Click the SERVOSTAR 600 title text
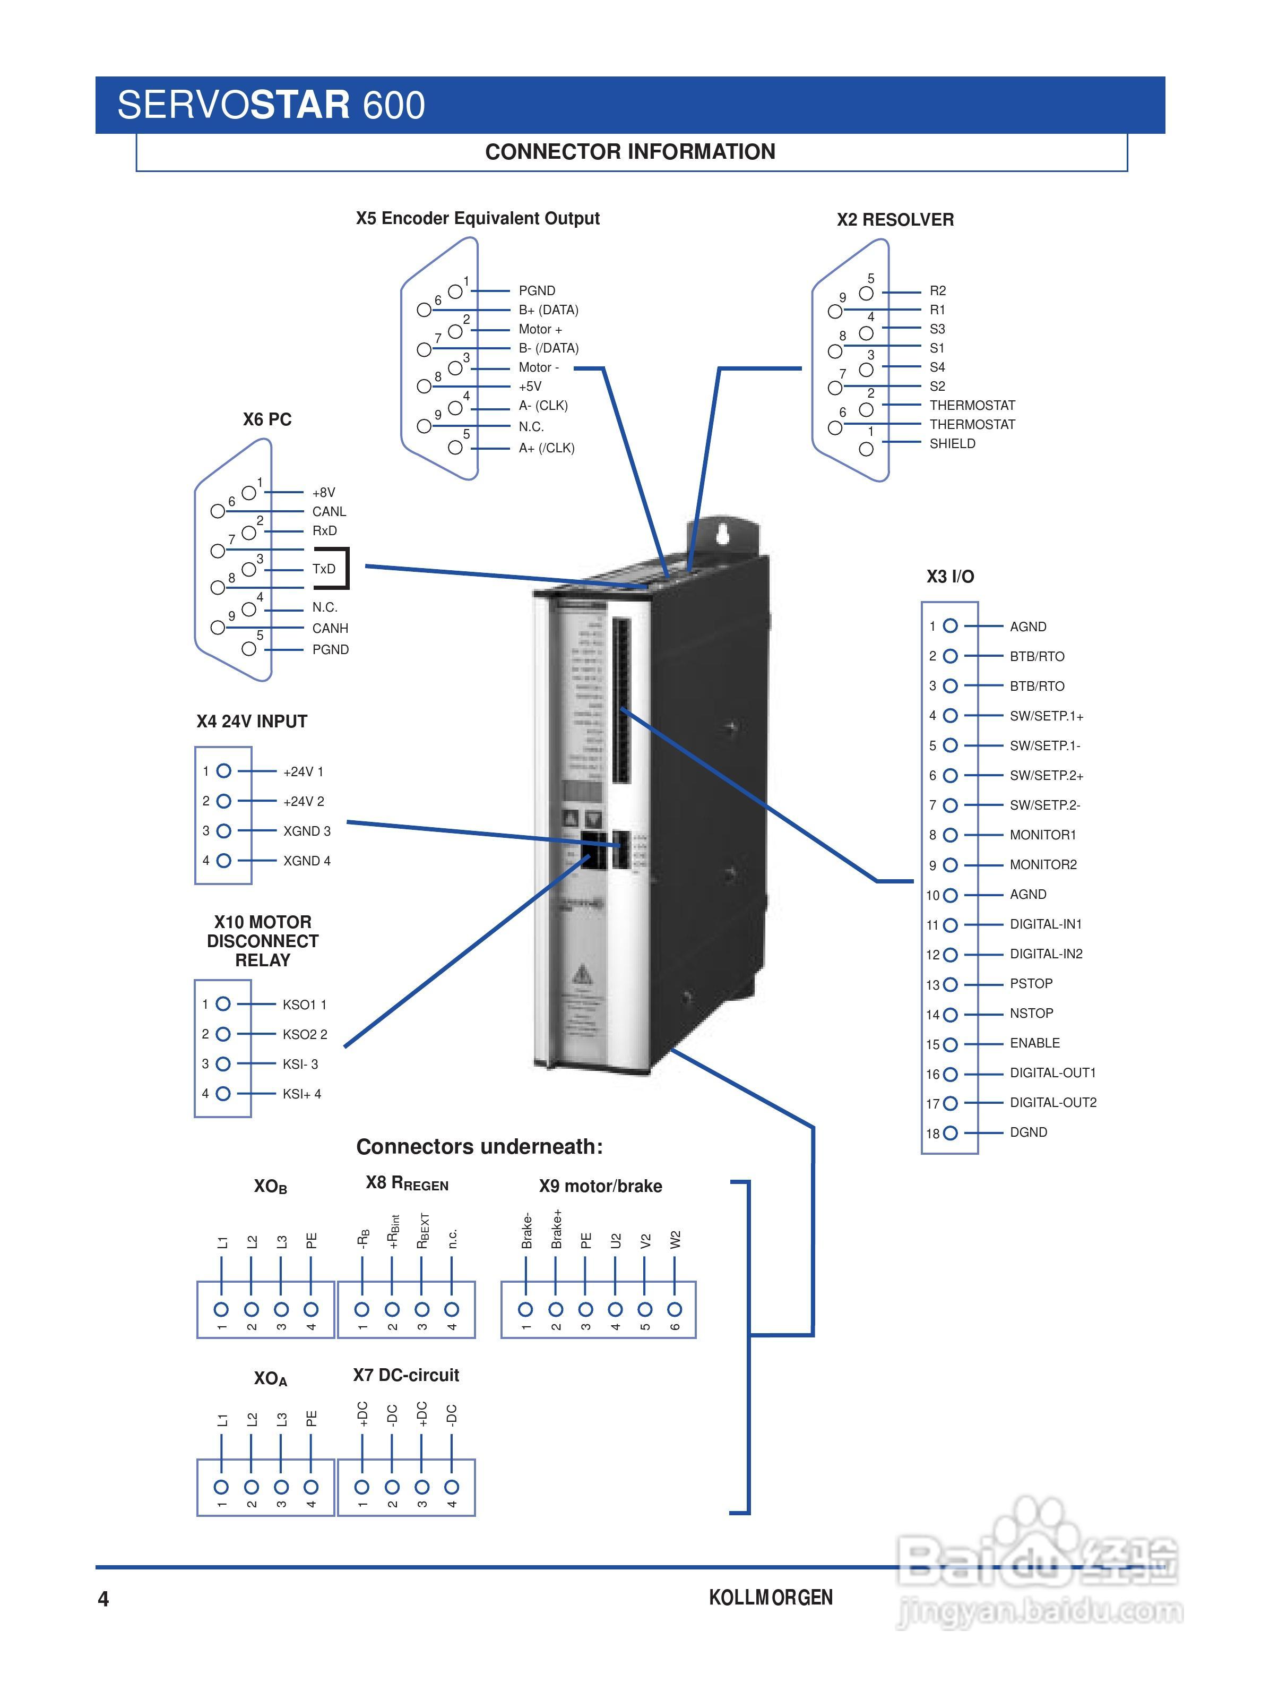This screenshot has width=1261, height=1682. (x=271, y=105)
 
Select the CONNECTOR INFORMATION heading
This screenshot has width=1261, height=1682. (x=630, y=152)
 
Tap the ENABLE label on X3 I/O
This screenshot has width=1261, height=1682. (x=1034, y=1043)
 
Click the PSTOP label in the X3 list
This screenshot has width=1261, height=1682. (x=1031, y=984)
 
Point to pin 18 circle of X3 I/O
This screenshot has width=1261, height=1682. (x=950, y=1133)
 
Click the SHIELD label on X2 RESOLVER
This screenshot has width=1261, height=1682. (x=953, y=444)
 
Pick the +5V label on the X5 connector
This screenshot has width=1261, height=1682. (x=530, y=387)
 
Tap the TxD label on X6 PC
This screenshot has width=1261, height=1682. (x=324, y=569)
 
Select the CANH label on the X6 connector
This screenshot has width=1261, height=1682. (x=330, y=628)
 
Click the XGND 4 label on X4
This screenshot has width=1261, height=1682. (x=307, y=861)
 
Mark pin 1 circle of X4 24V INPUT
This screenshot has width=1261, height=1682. (x=223, y=771)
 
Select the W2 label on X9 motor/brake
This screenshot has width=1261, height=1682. (x=675, y=1240)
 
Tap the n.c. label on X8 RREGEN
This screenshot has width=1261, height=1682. (x=452, y=1239)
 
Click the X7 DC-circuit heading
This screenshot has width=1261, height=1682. (x=406, y=1375)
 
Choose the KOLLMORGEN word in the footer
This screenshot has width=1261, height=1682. (x=771, y=1598)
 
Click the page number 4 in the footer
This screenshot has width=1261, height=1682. (x=103, y=1599)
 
